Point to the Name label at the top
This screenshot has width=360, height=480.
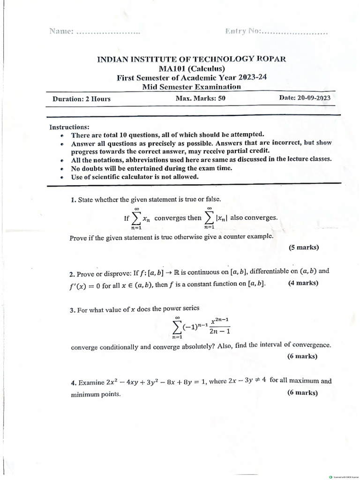60,32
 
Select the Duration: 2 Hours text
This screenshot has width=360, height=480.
82,99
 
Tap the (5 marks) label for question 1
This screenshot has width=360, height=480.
304,247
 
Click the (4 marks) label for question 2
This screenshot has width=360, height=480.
303,283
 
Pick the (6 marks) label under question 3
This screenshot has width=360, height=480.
302,356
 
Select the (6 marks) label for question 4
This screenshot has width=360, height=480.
302,393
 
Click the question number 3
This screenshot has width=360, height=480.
73,308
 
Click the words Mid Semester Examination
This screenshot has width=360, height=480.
191,87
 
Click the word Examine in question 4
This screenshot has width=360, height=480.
91,382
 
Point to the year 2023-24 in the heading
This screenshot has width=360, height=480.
250,77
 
